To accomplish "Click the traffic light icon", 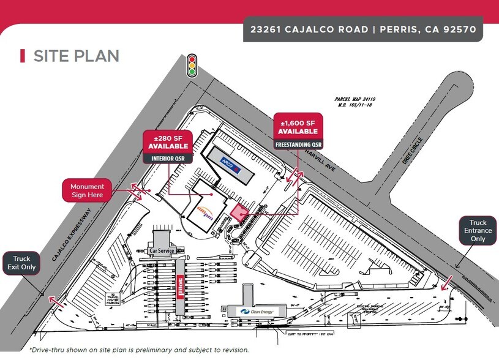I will pos(192,65).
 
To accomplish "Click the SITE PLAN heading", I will pos(75,56).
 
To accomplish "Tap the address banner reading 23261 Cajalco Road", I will pos(363,28).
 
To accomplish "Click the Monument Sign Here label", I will pos(88,191).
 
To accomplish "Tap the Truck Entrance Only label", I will pos(477,231).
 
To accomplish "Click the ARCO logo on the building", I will pos(227,163).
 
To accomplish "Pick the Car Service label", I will pos(162,251).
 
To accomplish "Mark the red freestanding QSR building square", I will pos(238,212).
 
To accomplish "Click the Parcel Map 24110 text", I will pos(355,101).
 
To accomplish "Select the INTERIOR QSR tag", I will pos(167,159).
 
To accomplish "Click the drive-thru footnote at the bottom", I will pos(138,350).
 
